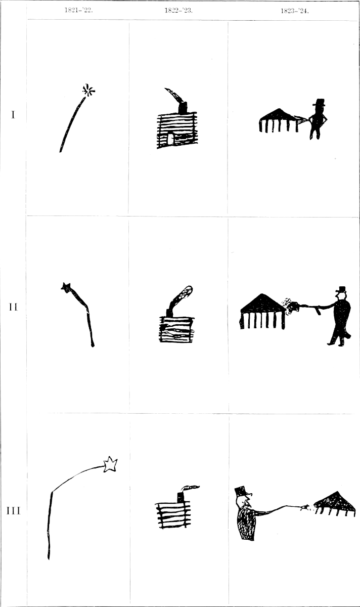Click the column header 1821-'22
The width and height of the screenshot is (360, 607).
click(x=78, y=11)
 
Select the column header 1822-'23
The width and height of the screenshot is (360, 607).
click(x=178, y=11)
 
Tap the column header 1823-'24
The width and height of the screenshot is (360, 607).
click(x=294, y=11)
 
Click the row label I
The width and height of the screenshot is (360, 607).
click(x=13, y=115)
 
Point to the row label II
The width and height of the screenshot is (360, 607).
click(x=13, y=307)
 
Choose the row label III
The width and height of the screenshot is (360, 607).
click(x=13, y=511)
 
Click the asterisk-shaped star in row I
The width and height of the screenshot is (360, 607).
click(x=88, y=91)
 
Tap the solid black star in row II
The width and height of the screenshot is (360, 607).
click(x=66, y=286)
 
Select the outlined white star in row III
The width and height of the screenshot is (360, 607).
click(x=111, y=464)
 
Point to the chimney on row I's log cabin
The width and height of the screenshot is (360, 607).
click(x=183, y=108)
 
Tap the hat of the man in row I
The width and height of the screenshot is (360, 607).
click(x=320, y=102)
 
